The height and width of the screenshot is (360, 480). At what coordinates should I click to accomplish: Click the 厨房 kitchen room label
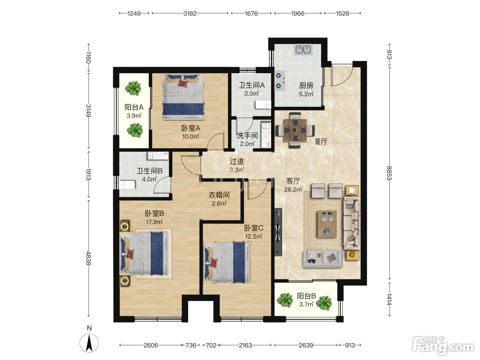(306, 85)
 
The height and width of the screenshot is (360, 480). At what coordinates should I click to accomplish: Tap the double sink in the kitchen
(303, 50)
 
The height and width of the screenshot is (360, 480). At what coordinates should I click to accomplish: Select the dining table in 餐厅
(295, 130)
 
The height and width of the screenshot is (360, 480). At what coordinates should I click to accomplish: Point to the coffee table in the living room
(327, 224)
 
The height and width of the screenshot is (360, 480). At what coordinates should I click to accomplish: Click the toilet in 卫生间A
(263, 105)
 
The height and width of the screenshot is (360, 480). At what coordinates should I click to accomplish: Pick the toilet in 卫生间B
(127, 185)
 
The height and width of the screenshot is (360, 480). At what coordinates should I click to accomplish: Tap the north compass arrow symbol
(89, 343)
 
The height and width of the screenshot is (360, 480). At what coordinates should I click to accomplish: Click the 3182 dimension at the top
(190, 14)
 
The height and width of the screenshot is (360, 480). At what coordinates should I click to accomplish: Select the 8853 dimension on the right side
(389, 173)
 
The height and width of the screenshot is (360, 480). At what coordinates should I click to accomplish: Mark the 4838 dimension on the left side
(88, 258)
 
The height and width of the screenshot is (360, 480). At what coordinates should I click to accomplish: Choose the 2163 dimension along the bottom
(245, 345)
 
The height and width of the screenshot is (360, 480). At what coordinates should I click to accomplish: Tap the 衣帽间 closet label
(219, 195)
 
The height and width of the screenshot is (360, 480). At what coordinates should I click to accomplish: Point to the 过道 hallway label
(237, 161)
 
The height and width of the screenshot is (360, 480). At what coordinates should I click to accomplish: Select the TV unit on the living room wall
(278, 232)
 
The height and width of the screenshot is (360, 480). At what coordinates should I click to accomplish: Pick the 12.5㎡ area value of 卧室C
(254, 236)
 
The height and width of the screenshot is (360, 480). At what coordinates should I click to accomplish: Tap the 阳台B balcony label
(306, 296)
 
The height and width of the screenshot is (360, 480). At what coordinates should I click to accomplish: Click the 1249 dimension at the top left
(134, 14)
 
